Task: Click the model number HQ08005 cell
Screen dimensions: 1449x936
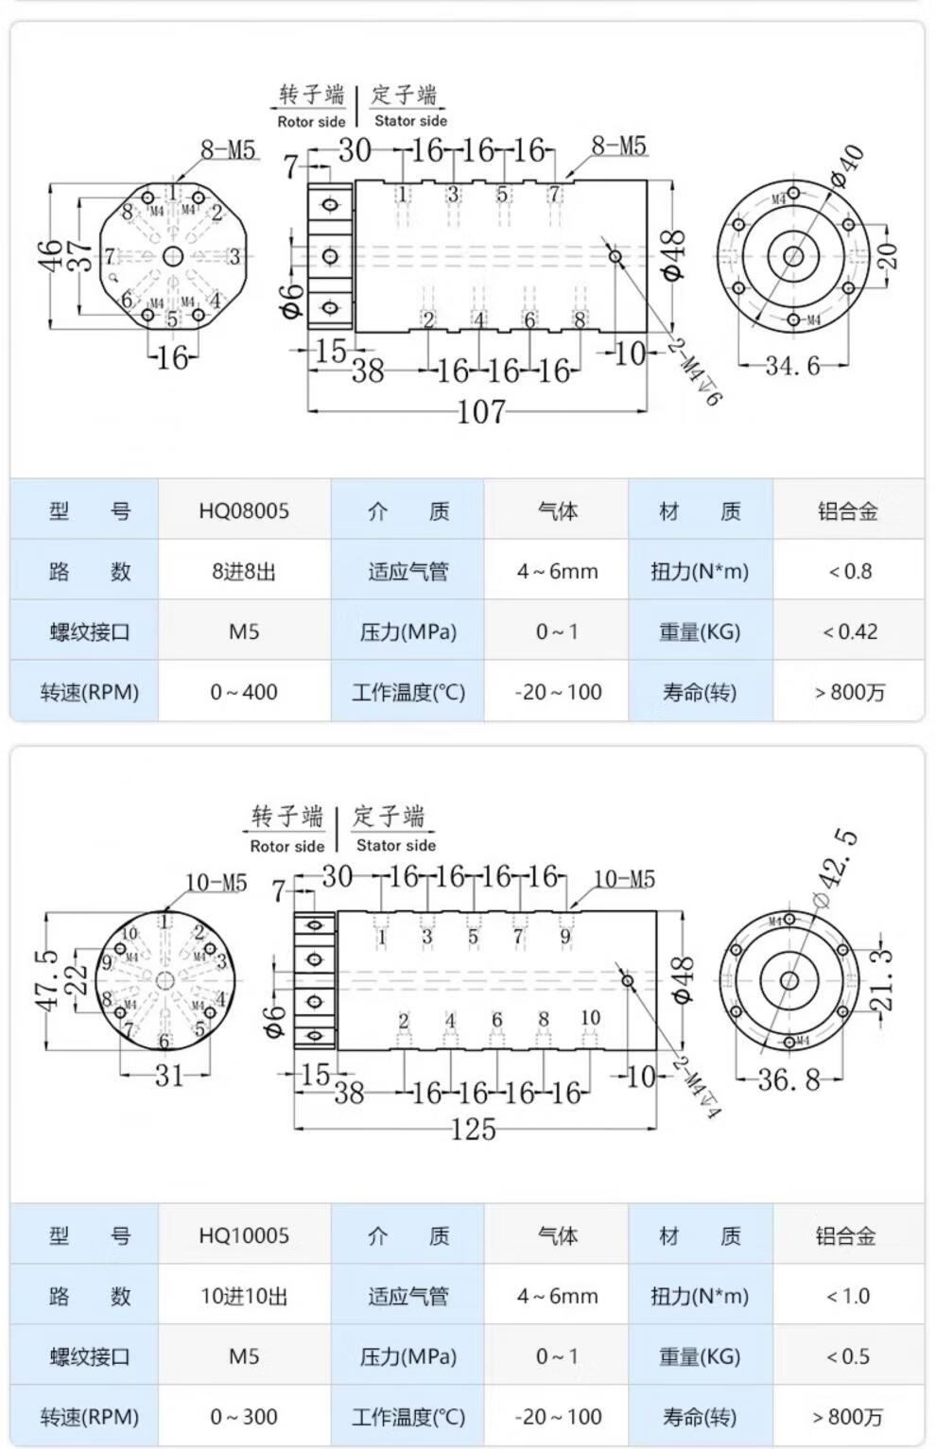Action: point(244,511)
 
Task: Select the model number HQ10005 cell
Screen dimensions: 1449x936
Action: point(244,1235)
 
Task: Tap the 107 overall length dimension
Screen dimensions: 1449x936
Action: point(480,413)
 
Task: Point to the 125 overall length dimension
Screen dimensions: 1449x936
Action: point(473,1129)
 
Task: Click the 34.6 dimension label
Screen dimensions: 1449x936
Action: point(792,366)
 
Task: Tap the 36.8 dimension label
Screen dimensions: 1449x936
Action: point(789,1078)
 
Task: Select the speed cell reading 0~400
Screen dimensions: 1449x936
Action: point(244,692)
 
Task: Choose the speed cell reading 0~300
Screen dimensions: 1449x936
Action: point(244,1417)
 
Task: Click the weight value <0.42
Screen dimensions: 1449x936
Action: point(849,631)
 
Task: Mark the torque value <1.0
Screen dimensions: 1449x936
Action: point(847,1296)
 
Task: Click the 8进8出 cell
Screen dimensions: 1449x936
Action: point(244,572)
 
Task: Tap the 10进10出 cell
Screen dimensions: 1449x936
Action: point(244,1296)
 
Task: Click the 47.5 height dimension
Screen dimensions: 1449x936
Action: point(49,980)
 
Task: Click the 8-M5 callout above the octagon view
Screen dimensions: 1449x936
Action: point(228,149)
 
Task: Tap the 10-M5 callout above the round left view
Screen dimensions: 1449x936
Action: point(216,882)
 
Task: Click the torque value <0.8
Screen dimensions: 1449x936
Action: point(849,571)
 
